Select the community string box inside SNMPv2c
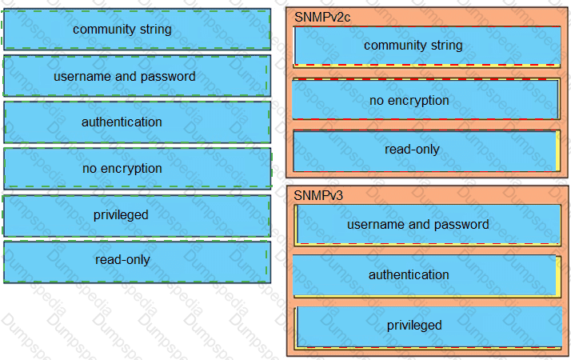427,46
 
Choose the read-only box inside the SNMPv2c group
427,150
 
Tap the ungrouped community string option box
137,30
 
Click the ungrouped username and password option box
137,76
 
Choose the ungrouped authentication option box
137,122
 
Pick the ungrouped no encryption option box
137,168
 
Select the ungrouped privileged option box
137,214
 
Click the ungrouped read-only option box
137,260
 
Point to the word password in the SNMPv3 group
463,225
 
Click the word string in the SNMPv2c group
446,46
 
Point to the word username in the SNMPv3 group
374,225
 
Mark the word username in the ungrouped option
81,77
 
